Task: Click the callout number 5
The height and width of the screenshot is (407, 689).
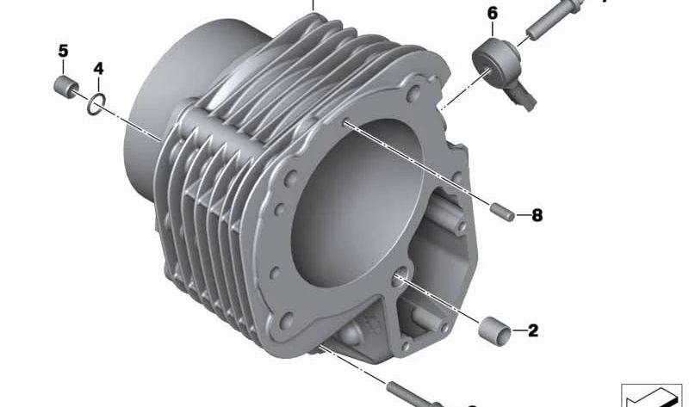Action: (63, 51)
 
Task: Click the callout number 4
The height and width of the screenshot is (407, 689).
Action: (98, 69)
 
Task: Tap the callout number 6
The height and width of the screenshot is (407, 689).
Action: (493, 13)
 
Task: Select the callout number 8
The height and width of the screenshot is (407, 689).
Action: (537, 215)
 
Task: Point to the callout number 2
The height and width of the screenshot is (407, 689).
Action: (533, 330)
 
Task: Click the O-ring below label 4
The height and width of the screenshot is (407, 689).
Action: (96, 104)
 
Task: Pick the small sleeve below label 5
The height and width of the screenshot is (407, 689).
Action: (66, 86)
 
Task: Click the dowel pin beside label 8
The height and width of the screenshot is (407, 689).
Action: (502, 212)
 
